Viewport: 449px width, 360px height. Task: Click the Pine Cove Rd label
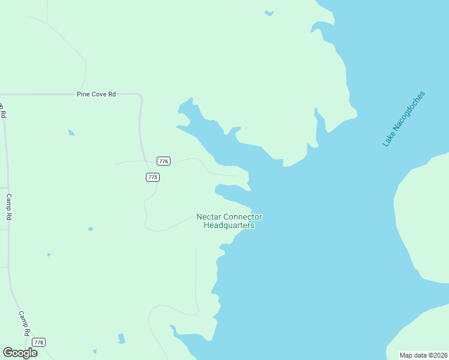coord(96,94)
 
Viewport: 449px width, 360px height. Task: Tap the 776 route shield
coord(163,161)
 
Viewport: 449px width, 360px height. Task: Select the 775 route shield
coord(152,177)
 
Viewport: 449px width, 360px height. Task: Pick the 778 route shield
coord(38,342)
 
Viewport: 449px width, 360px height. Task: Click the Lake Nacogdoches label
coord(404,119)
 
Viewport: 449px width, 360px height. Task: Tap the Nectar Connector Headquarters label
coord(229,221)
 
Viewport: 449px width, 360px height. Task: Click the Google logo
coord(20,353)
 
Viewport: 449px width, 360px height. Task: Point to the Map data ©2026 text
coord(424,355)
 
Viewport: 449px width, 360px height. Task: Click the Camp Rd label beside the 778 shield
coord(24,323)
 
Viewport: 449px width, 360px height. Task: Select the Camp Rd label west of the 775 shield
coord(9,206)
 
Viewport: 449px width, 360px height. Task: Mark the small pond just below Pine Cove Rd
coord(71,132)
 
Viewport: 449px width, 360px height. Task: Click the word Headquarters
coord(229,226)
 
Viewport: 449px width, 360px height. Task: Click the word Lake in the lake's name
coord(388,140)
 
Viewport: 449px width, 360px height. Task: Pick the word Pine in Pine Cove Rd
coord(82,94)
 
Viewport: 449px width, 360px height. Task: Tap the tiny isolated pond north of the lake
coord(269,13)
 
